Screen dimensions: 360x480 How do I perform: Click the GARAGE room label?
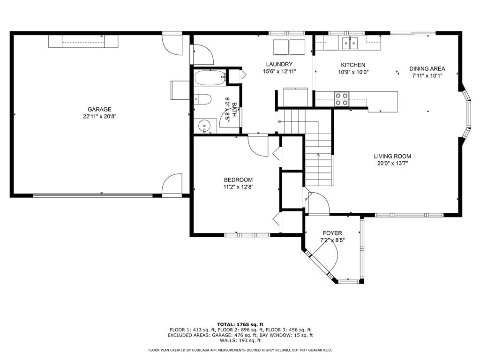click(x=99, y=109)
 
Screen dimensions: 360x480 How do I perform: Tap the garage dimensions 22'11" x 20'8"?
click(x=99, y=116)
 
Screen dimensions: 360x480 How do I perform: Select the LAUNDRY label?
click(x=279, y=65)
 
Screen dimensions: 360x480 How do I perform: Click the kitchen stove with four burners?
click(x=341, y=98)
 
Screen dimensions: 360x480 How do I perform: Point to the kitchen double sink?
click(x=350, y=43)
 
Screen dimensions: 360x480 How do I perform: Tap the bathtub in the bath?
click(x=210, y=78)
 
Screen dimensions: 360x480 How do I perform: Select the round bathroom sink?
click(x=204, y=126)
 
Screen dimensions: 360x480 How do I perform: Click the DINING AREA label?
click(x=427, y=68)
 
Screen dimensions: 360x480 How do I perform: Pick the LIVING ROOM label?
click(x=392, y=157)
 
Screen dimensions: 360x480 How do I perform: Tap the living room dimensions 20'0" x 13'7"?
click(x=392, y=164)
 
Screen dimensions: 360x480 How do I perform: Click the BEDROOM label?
click(x=238, y=180)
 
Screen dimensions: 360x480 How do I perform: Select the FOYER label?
click(x=332, y=233)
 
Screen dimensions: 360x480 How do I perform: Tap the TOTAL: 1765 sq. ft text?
click(x=240, y=324)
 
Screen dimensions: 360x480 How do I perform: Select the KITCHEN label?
click(x=353, y=65)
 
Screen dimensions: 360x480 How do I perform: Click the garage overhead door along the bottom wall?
click(x=93, y=195)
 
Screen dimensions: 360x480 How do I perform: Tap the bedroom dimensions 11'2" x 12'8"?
click(x=238, y=187)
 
